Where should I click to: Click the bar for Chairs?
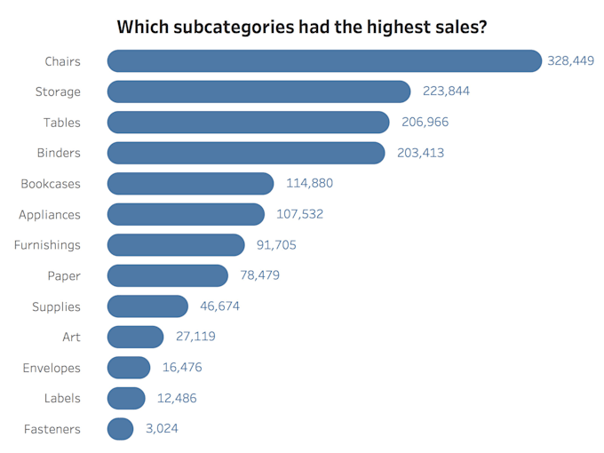tap(324, 61)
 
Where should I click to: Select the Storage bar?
tap(258, 91)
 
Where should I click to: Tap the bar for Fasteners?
tap(120, 429)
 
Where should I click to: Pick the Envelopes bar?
tap(129, 368)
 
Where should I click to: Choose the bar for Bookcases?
tap(190, 183)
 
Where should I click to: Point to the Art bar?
tap(135, 337)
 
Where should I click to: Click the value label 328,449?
tap(570, 60)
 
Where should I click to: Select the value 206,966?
tap(425, 122)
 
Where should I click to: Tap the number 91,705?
tap(276, 244)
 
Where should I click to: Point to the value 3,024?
tap(162, 428)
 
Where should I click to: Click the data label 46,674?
tap(219, 306)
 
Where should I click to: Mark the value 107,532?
tap(299, 214)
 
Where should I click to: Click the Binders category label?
tap(59, 153)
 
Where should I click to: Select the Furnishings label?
tap(47, 245)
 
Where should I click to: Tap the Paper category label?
tap(64, 276)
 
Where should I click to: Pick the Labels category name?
tap(62, 398)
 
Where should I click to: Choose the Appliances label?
tap(50, 215)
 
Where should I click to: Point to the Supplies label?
tap(56, 306)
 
